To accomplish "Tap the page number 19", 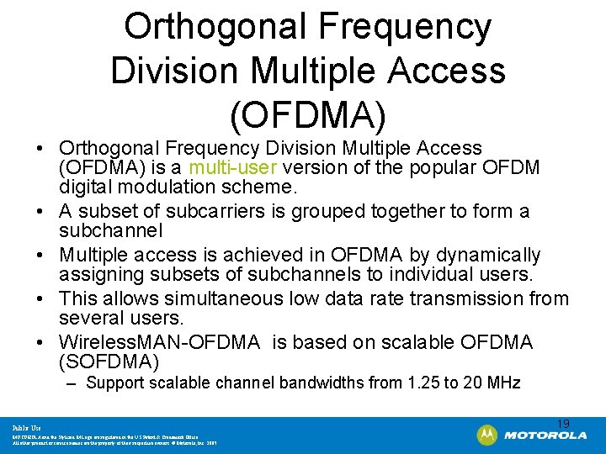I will click(564, 423).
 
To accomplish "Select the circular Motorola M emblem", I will click(486, 435).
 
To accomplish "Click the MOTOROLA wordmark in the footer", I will click(545, 436).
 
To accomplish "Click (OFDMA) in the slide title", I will click(307, 111).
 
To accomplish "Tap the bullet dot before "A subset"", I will click(40, 212).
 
